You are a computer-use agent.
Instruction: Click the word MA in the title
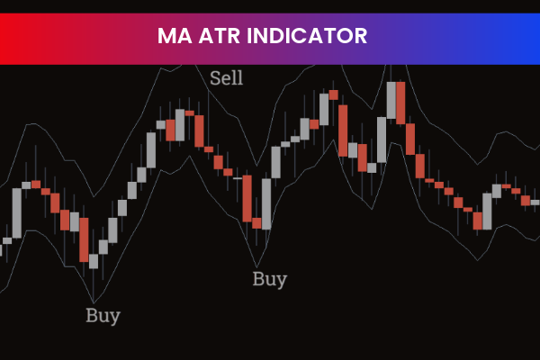174,36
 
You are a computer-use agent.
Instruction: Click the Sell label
226,77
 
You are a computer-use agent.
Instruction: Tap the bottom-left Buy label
103,316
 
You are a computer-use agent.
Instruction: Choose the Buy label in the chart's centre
269,279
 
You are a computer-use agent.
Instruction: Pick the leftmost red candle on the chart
36,184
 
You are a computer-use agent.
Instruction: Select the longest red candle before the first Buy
84,238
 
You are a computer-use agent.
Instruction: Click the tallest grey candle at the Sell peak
180,126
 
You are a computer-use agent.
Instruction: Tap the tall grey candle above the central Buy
265,203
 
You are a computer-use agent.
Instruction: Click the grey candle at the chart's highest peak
391,102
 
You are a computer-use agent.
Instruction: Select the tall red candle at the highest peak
400,103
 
